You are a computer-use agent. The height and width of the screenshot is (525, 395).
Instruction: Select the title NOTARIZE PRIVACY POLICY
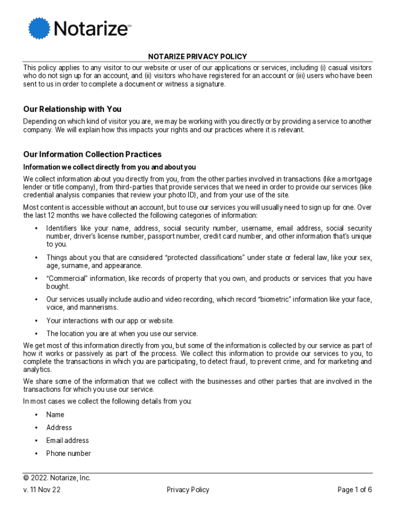click(x=197, y=57)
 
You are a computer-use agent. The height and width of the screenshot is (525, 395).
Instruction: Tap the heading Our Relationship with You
click(x=72, y=109)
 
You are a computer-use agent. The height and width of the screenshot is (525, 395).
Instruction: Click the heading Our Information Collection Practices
click(x=92, y=154)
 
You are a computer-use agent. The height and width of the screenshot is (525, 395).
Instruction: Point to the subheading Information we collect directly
click(x=109, y=167)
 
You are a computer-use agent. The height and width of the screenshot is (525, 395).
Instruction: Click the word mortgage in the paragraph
click(x=355, y=179)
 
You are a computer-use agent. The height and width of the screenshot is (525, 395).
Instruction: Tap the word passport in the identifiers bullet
click(x=161, y=236)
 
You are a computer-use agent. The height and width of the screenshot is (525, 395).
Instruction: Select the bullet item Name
click(x=55, y=415)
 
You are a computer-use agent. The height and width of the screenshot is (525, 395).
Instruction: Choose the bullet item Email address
click(x=67, y=440)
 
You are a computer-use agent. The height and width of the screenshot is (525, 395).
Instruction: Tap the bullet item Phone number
click(x=68, y=453)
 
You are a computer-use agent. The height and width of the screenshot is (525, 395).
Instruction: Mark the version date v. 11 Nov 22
click(x=42, y=490)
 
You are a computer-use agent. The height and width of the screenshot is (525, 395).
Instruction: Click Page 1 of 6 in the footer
click(x=354, y=490)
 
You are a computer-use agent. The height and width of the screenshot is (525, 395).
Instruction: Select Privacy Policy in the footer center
click(x=188, y=490)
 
